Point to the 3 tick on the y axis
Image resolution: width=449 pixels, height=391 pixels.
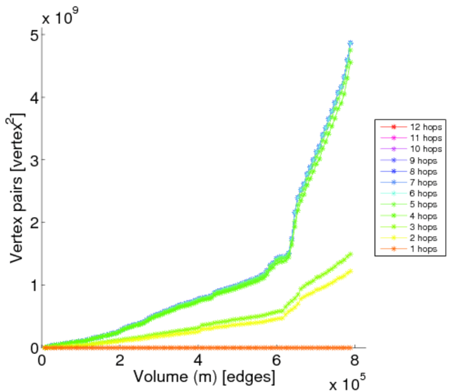[x=33, y=160]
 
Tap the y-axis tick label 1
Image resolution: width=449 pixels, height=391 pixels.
[x=33, y=285]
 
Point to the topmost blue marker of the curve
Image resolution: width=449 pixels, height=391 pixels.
[x=351, y=44]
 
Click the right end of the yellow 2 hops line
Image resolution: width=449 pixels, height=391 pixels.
[x=351, y=270]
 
